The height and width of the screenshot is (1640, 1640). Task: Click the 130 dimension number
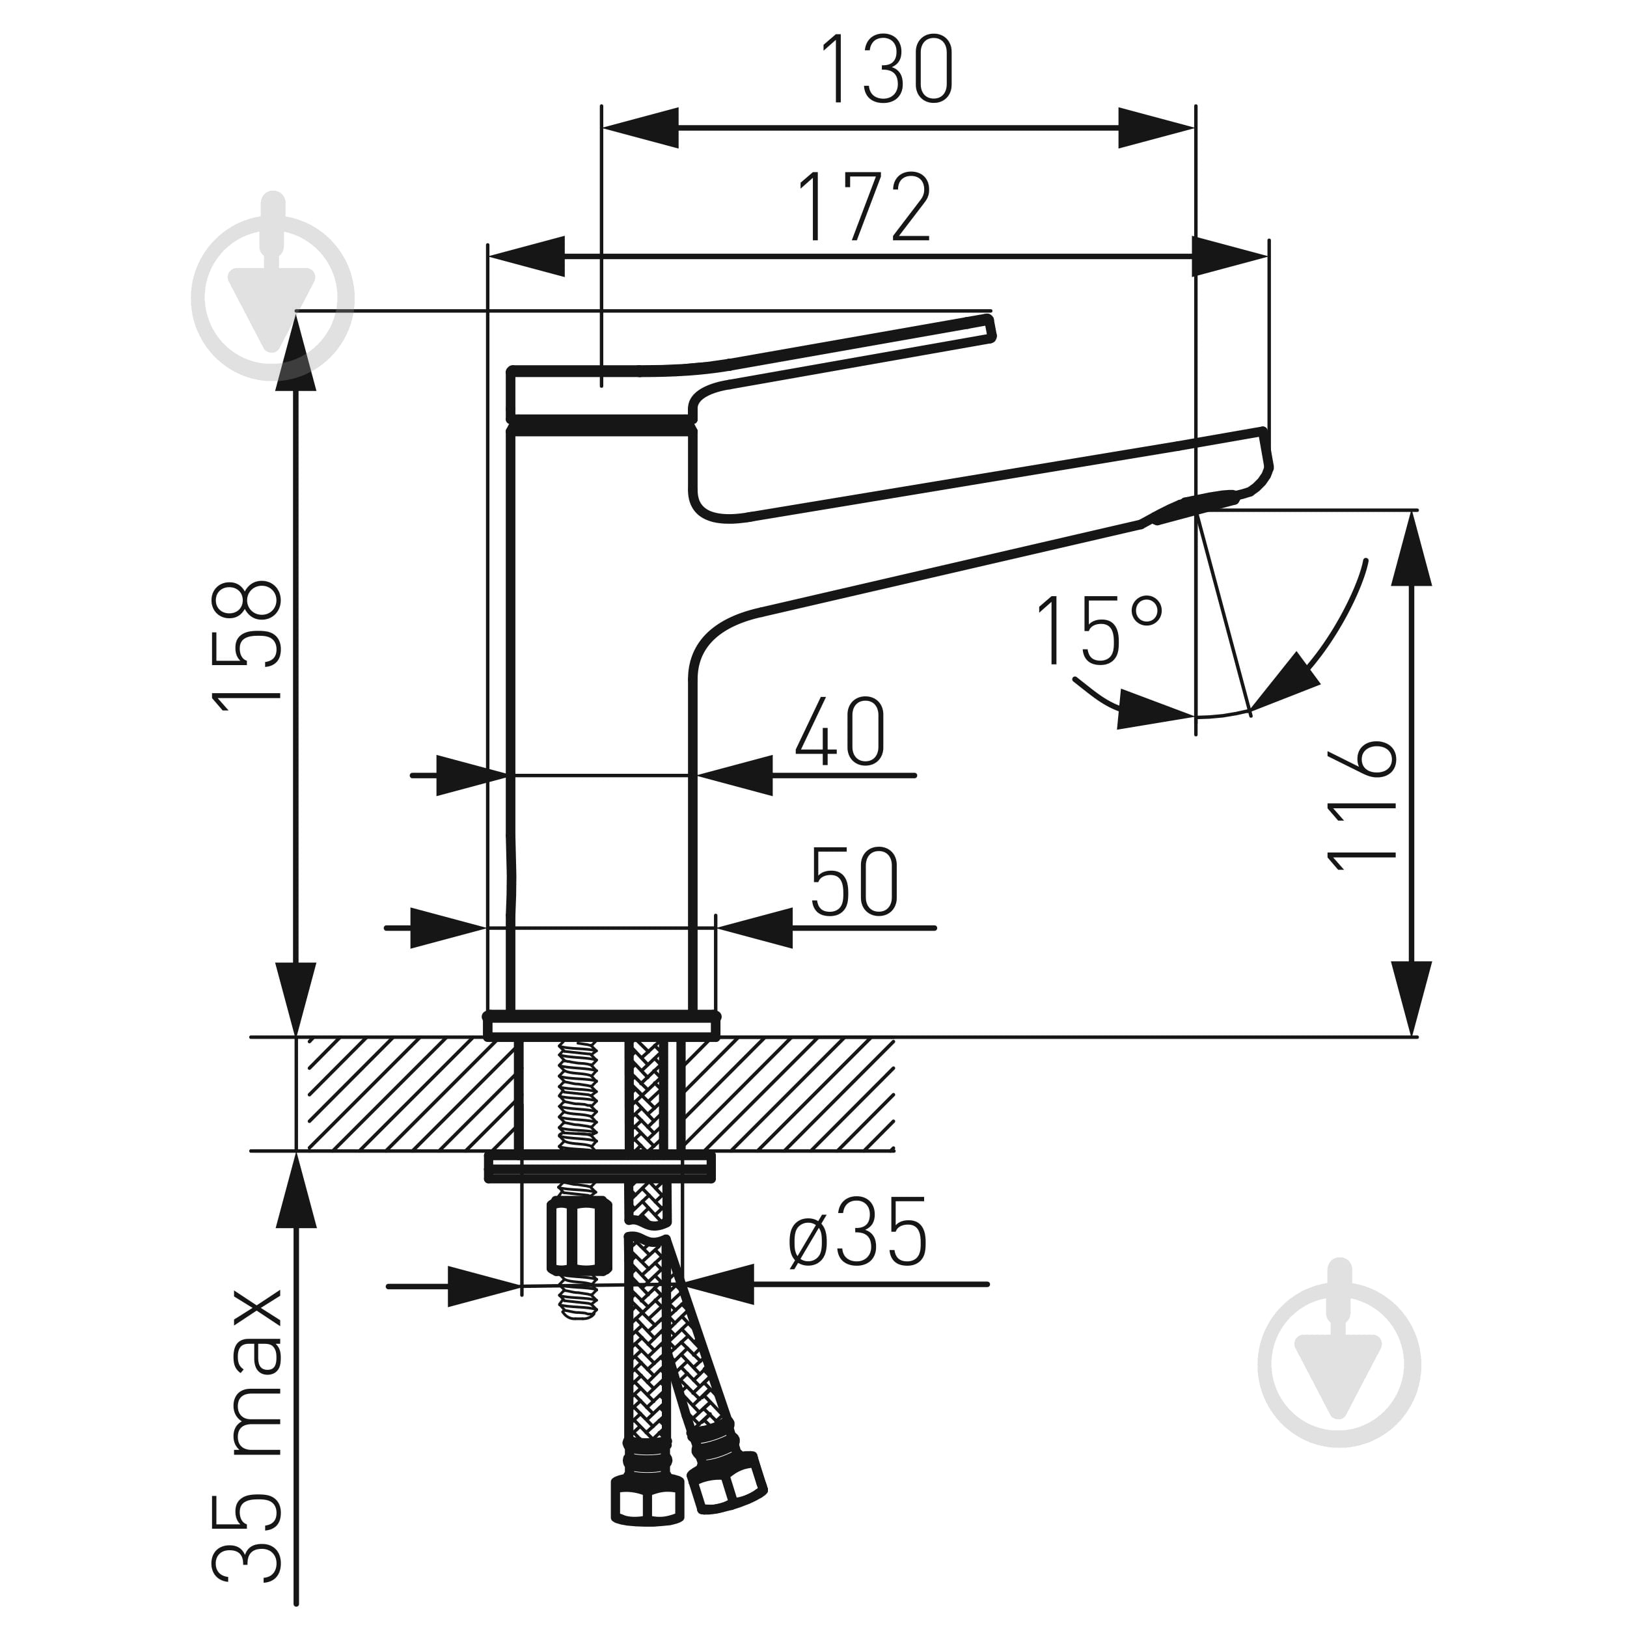[x=887, y=70]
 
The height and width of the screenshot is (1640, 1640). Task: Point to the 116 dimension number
[x=1361, y=805]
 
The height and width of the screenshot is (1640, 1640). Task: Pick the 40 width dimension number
[x=840, y=731]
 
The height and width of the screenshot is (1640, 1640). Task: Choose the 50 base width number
[x=854, y=881]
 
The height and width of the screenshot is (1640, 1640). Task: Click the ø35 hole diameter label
[x=857, y=1232]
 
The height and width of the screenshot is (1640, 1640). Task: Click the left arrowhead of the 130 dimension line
[x=640, y=128]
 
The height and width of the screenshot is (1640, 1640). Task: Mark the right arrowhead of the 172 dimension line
[x=1230, y=256]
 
